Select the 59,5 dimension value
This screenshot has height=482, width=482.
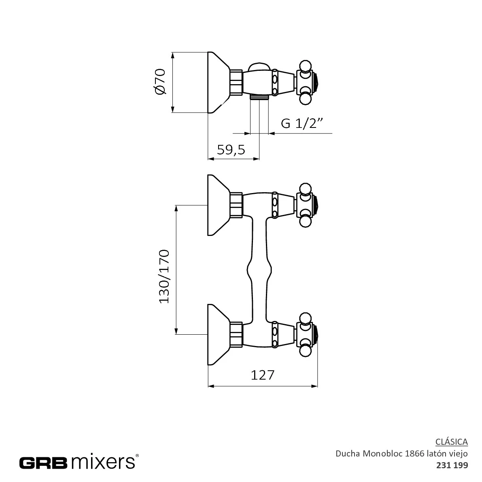tap(231, 150)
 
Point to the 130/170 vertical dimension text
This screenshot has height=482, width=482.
tap(164, 277)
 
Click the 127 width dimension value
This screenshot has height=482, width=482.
tap(263, 375)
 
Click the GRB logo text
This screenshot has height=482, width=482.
tap(43, 462)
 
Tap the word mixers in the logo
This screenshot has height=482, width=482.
tap(103, 462)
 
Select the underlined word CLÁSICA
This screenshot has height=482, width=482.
tap(452, 442)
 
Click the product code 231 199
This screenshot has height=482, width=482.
tap(452, 465)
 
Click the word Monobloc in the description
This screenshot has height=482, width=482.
tap(383, 453)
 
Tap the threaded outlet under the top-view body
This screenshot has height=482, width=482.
tap(259, 97)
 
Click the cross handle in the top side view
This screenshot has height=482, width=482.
tap(306, 83)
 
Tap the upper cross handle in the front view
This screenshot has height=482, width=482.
tap(306, 205)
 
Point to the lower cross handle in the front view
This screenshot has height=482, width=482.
tap(306, 335)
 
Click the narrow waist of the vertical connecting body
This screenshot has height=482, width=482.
tap(259, 270)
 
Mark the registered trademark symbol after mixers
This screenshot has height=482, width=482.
tap(137, 456)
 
